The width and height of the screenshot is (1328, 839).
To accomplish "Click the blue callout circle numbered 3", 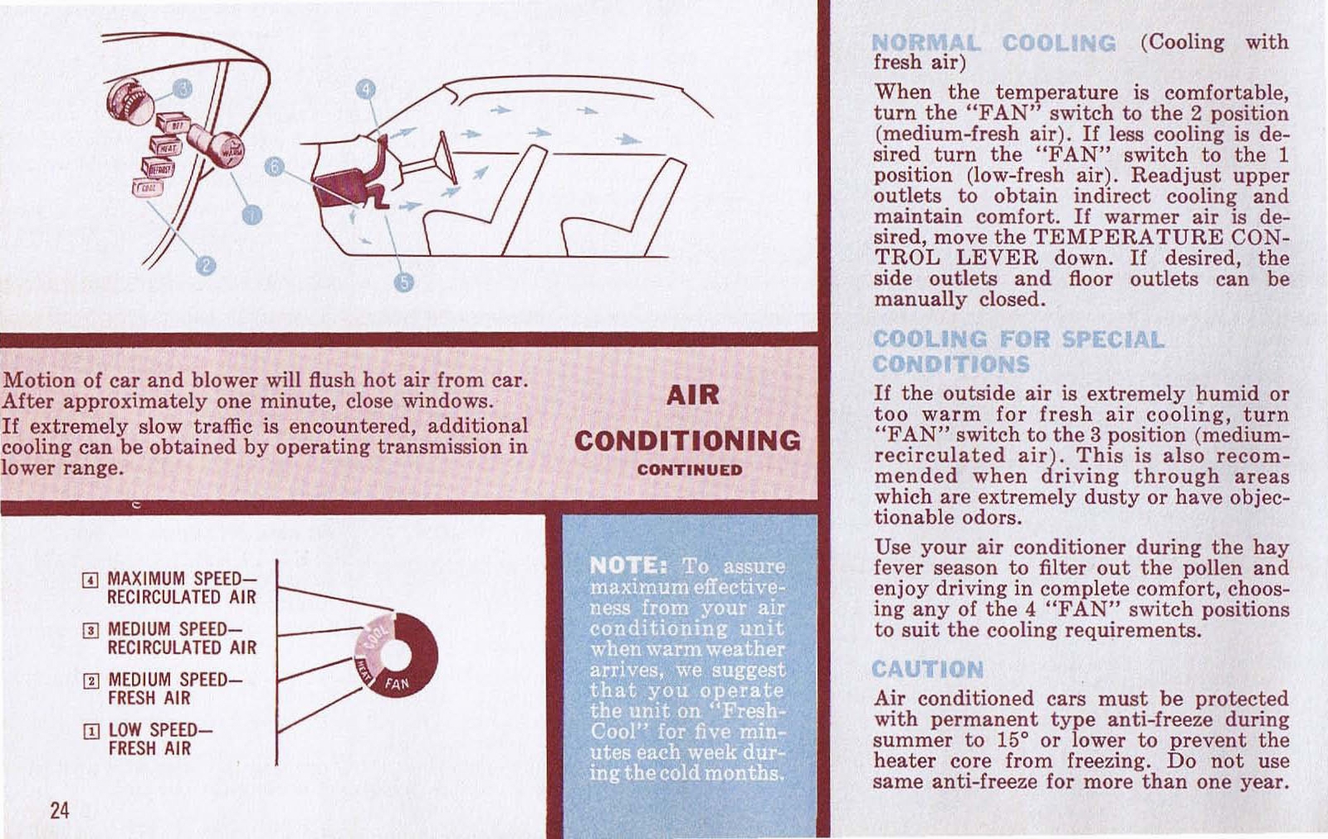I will (183, 89).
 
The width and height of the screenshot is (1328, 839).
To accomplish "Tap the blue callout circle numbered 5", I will (403, 281).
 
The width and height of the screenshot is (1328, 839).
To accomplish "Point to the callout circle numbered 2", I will (205, 265).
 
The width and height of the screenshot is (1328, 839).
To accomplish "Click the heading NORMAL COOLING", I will (994, 43).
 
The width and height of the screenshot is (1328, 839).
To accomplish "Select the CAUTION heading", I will (928, 669).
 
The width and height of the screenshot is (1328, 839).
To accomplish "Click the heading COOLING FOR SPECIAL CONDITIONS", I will (1018, 351).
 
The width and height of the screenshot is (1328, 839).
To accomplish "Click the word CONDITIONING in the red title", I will (687, 440).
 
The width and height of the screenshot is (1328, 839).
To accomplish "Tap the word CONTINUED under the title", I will (689, 470).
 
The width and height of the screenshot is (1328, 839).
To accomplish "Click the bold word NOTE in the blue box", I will (628, 566).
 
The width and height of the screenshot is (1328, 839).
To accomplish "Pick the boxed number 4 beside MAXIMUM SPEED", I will (92, 579).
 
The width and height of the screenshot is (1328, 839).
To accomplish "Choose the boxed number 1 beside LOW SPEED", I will (92, 732).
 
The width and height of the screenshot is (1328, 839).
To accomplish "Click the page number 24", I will (60, 810).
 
